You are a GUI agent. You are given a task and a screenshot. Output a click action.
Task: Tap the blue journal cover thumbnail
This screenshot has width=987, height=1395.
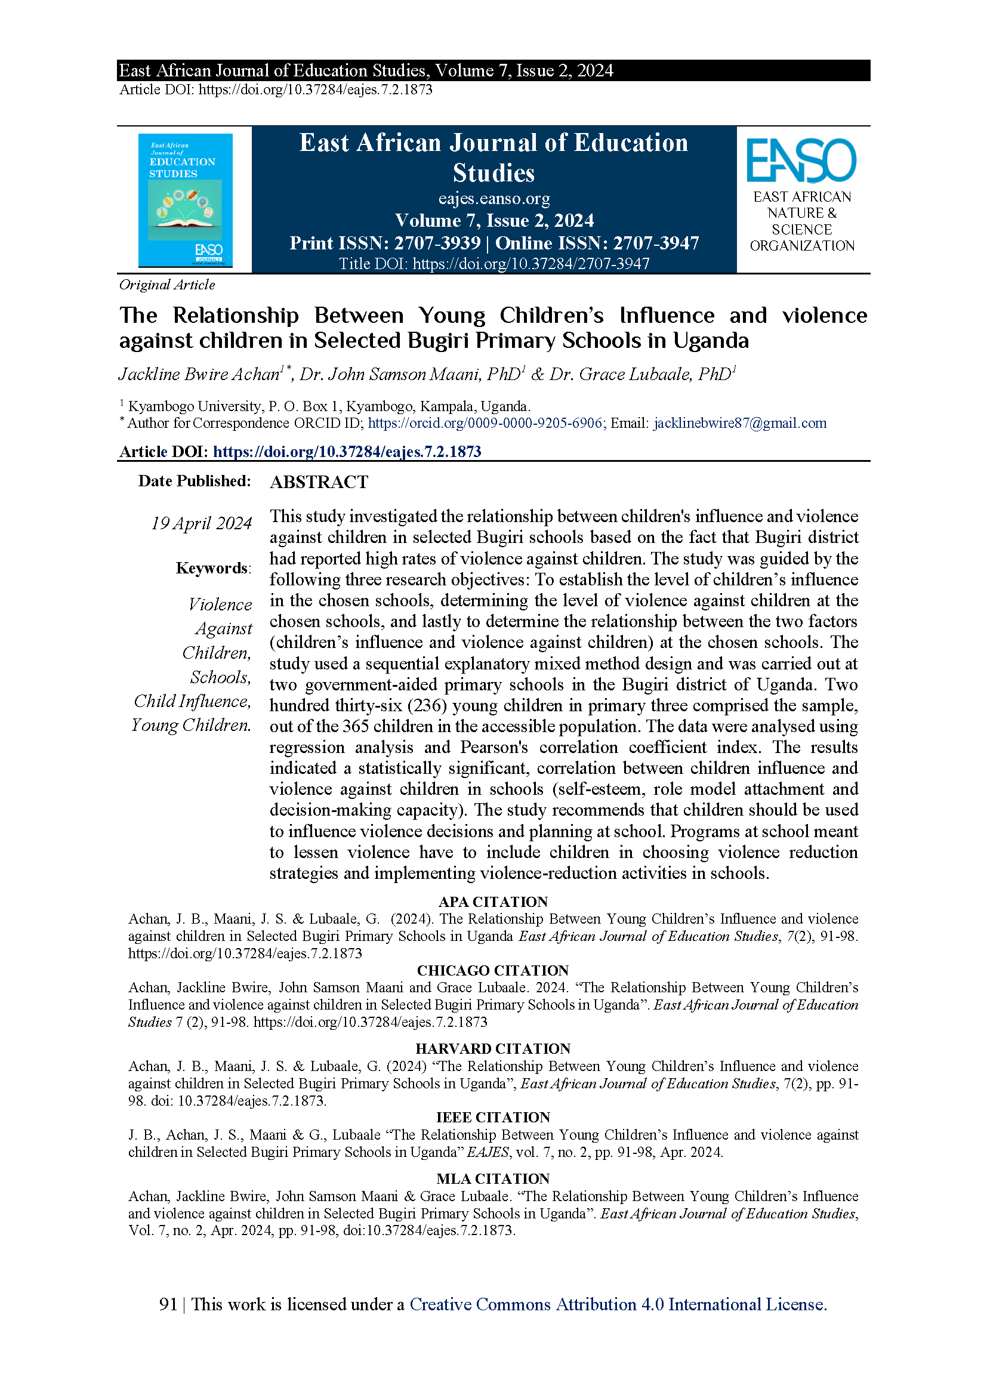(186, 200)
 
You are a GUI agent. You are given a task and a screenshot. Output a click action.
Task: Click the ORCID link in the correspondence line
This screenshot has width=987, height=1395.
(485, 424)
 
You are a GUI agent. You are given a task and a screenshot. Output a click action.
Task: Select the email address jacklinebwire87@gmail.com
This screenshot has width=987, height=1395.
(739, 424)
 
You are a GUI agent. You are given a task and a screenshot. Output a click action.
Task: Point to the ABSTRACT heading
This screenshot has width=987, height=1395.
(319, 482)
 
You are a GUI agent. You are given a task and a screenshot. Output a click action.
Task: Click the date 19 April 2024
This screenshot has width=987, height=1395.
(201, 523)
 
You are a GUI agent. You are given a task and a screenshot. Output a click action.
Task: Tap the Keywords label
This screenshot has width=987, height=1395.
(212, 568)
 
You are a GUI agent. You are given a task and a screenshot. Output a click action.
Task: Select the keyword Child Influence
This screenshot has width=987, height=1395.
(192, 701)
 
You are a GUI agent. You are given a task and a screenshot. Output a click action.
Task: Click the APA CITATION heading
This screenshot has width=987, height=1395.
(493, 902)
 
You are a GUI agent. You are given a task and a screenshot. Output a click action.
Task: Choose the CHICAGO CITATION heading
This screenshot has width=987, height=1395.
(493, 970)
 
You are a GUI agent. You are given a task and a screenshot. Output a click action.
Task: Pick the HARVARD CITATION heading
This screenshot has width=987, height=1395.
(493, 1049)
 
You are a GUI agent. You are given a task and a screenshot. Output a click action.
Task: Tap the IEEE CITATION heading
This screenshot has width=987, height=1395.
(493, 1118)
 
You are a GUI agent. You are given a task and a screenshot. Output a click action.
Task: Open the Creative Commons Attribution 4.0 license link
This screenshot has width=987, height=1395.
(618, 1304)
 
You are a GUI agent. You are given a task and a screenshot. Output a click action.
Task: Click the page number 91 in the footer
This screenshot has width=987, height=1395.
(168, 1304)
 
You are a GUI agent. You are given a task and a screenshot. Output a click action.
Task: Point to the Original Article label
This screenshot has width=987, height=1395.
(167, 285)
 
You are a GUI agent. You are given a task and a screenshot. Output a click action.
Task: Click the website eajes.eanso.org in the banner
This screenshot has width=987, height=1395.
(493, 199)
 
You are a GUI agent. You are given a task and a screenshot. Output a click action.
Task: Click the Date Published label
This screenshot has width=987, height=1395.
(195, 481)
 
